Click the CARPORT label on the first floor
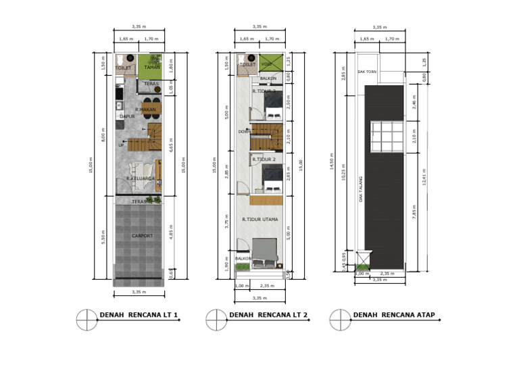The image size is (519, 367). [x=142, y=236]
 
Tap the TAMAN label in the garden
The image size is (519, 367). [x=151, y=68]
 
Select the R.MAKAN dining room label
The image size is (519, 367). [x=145, y=109]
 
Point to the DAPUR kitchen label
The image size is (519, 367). [x=127, y=117]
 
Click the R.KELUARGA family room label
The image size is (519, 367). [x=141, y=178]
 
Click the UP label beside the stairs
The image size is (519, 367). [x=122, y=145]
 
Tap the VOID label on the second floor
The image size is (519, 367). [x=266, y=65]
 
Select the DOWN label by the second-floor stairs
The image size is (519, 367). [x=244, y=132]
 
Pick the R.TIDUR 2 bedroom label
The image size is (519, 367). [x=264, y=159]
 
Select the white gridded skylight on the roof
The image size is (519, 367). [x=387, y=138]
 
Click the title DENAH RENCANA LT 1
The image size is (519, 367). [x=139, y=314]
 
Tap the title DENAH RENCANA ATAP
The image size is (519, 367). [x=394, y=314]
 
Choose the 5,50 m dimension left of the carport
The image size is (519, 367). [x=103, y=236]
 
